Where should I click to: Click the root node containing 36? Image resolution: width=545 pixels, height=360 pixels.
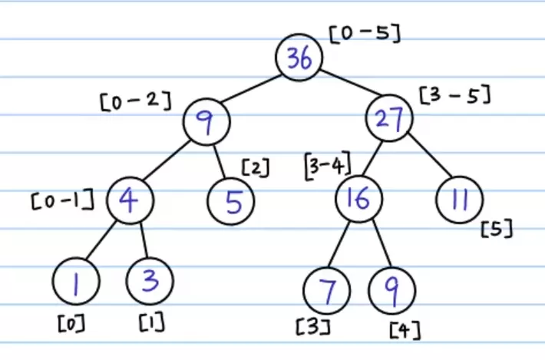(x=299, y=58)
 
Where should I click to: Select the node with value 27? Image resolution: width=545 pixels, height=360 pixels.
(x=389, y=118)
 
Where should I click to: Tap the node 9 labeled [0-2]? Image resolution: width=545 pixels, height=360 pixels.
(x=206, y=122)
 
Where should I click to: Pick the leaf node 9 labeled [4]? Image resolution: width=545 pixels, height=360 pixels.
(x=392, y=290)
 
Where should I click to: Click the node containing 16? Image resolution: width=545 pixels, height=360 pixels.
(x=359, y=199)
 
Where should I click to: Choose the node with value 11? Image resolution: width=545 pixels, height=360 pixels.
(x=460, y=200)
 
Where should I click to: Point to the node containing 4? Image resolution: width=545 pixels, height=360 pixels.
(x=130, y=200)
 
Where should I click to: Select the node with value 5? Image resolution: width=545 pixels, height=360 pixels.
(x=231, y=202)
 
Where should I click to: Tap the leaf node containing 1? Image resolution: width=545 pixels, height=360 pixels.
(x=76, y=281)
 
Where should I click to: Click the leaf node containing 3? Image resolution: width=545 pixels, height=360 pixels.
(x=150, y=281)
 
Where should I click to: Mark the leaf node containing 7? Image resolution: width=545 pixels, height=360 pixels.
(x=327, y=290)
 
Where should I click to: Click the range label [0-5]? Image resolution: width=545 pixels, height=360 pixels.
(x=365, y=34)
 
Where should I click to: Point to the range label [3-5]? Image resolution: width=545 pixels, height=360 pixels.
(x=455, y=94)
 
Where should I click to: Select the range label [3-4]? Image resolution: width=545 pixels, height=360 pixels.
(x=328, y=165)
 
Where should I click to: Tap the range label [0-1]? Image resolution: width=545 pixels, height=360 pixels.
(x=63, y=200)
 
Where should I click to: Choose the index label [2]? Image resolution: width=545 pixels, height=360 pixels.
(x=256, y=167)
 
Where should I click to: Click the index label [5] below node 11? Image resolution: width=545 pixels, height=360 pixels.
(x=497, y=228)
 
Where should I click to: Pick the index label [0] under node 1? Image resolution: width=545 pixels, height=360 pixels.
(x=71, y=323)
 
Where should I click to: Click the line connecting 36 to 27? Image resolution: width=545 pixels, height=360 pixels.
(x=350, y=82)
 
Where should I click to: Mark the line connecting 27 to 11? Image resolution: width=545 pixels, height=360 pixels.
(x=431, y=155)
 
